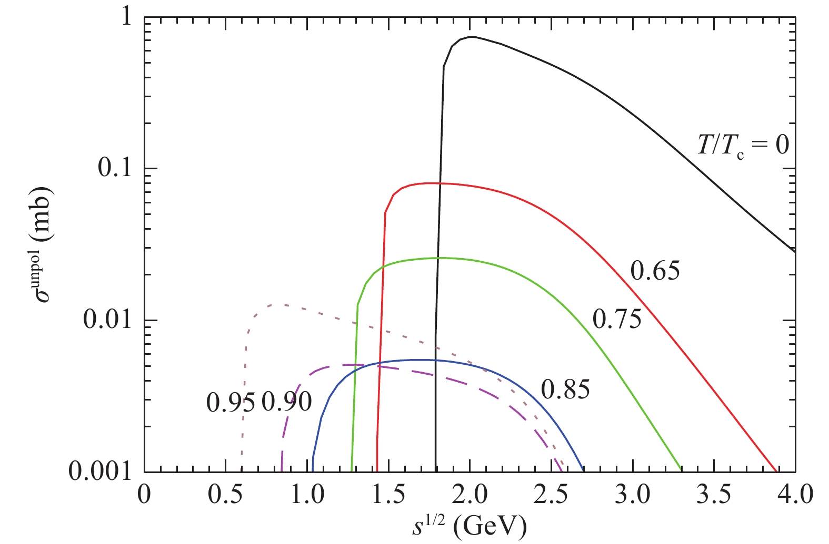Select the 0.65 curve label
click(x=655, y=271)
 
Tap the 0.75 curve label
click(x=617, y=319)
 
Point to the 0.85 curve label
click(x=565, y=390)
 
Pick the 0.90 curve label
click(x=287, y=402)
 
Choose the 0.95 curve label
click(x=231, y=403)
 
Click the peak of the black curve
click(x=472, y=37)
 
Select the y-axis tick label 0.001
click(x=99, y=471)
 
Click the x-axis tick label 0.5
click(x=225, y=495)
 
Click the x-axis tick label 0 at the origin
click(x=144, y=495)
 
